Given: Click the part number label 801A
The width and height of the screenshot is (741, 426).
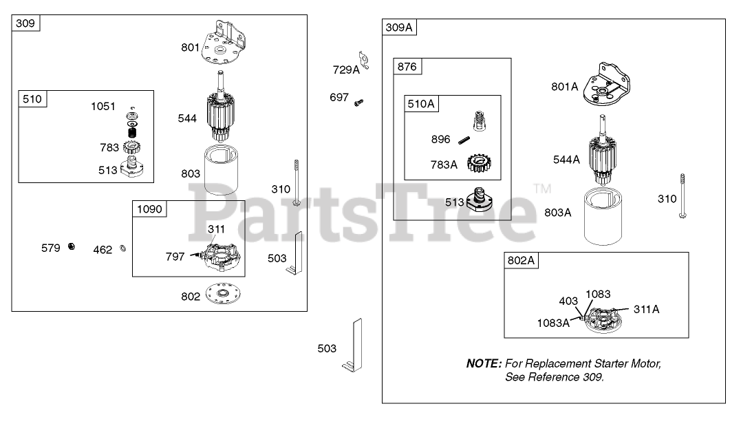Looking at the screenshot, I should click(x=564, y=87).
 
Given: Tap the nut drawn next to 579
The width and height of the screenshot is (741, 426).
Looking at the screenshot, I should click(x=71, y=248).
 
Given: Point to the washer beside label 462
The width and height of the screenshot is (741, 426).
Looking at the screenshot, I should click(x=122, y=248).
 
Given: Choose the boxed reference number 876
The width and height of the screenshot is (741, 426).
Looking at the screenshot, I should click(x=406, y=67).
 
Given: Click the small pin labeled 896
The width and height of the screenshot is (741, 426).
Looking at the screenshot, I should click(x=464, y=140).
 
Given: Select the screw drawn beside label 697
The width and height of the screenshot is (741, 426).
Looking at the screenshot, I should click(x=358, y=103).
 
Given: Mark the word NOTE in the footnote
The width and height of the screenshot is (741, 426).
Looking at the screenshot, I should click(x=484, y=363).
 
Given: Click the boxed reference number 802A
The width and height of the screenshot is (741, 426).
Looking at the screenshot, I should click(x=522, y=261).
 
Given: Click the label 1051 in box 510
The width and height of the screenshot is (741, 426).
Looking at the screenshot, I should click(x=105, y=106).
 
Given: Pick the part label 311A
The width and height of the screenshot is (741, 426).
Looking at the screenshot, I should click(x=646, y=309).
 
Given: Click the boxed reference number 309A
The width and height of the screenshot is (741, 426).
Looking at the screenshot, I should click(x=400, y=28).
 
